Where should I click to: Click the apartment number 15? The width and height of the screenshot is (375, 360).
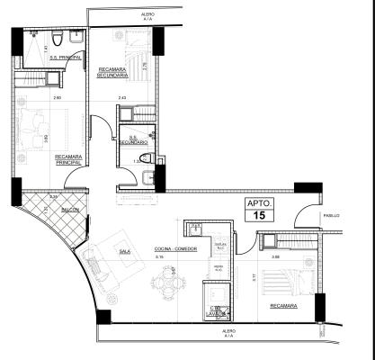(x=262, y=216)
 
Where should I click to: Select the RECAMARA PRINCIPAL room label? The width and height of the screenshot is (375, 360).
(x=69, y=159)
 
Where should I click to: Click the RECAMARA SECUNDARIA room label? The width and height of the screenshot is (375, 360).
(x=123, y=73)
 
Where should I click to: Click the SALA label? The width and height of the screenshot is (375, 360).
(x=125, y=253)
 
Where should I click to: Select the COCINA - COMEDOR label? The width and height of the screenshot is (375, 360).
(x=176, y=247)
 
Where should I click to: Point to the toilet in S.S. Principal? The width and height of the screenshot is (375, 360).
(x=56, y=39)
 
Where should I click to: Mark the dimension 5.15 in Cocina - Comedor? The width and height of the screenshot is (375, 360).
(x=159, y=258)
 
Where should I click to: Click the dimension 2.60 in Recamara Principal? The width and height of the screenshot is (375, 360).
(x=56, y=97)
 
